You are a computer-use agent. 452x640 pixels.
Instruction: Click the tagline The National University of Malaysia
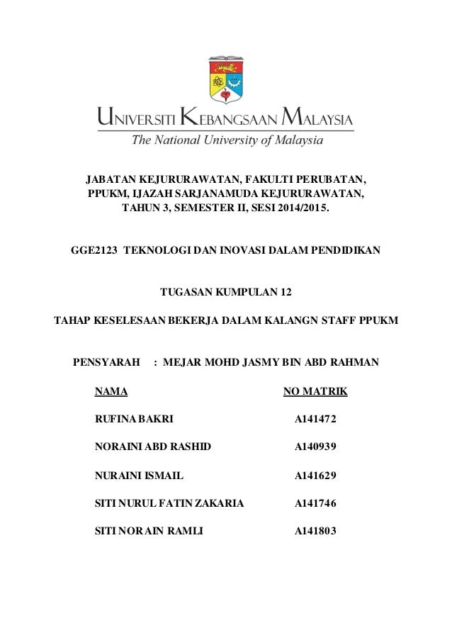[x=225, y=140]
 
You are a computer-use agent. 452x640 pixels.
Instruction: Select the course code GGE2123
[x=95, y=250]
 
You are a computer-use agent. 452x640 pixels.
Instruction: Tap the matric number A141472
[x=315, y=420]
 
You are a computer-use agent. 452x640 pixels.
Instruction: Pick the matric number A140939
[x=315, y=447]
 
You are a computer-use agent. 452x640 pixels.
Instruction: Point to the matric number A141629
[x=315, y=476]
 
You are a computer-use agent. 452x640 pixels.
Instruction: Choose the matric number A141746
[x=315, y=504]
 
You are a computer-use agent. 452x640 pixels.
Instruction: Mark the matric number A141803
[x=315, y=531]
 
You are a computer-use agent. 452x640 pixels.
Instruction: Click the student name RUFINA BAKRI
[x=133, y=420]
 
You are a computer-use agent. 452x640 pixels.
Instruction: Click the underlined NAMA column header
[x=111, y=392]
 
